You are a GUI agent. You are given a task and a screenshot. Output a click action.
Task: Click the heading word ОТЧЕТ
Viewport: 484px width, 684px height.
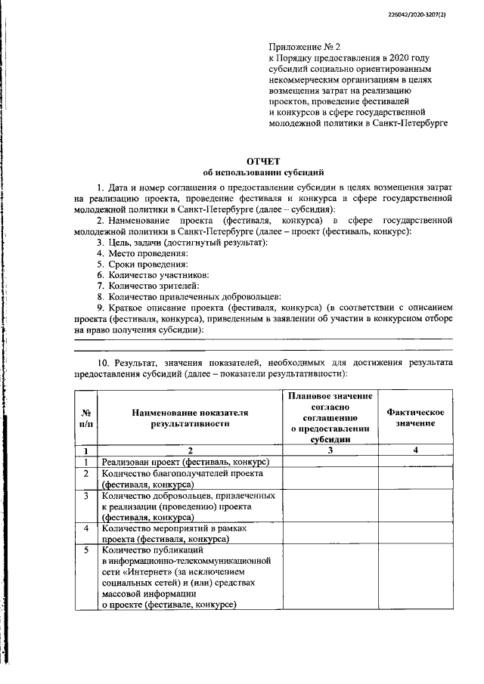click(x=263, y=161)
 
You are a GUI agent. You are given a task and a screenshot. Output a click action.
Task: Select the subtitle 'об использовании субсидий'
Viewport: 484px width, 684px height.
click(x=263, y=172)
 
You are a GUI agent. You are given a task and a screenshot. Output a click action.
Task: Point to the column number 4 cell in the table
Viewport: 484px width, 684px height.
click(x=414, y=450)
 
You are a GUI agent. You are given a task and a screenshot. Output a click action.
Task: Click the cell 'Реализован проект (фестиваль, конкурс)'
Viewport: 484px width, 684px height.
click(x=186, y=462)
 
